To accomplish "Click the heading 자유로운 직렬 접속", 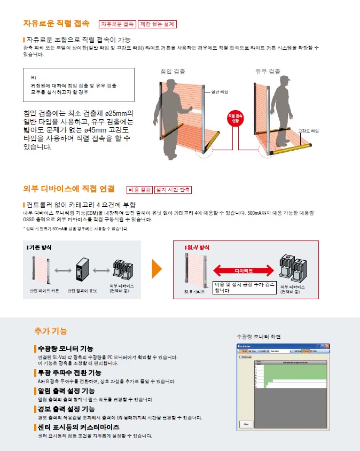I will [x=56, y=24].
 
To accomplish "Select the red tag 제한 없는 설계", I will [x=156, y=24].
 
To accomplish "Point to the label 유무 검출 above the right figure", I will [x=268, y=71].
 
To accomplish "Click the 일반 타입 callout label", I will [x=220, y=92].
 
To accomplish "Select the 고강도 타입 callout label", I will [x=308, y=130].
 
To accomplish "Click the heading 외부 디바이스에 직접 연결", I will [x=69, y=189].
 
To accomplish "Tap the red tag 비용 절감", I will [x=139, y=190].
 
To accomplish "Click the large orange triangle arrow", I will [x=156, y=269].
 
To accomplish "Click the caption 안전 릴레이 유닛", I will [x=82, y=291].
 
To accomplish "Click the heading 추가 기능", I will [x=51, y=331].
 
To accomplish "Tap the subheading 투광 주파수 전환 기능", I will [x=69, y=372].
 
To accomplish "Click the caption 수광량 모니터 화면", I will [x=259, y=337].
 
